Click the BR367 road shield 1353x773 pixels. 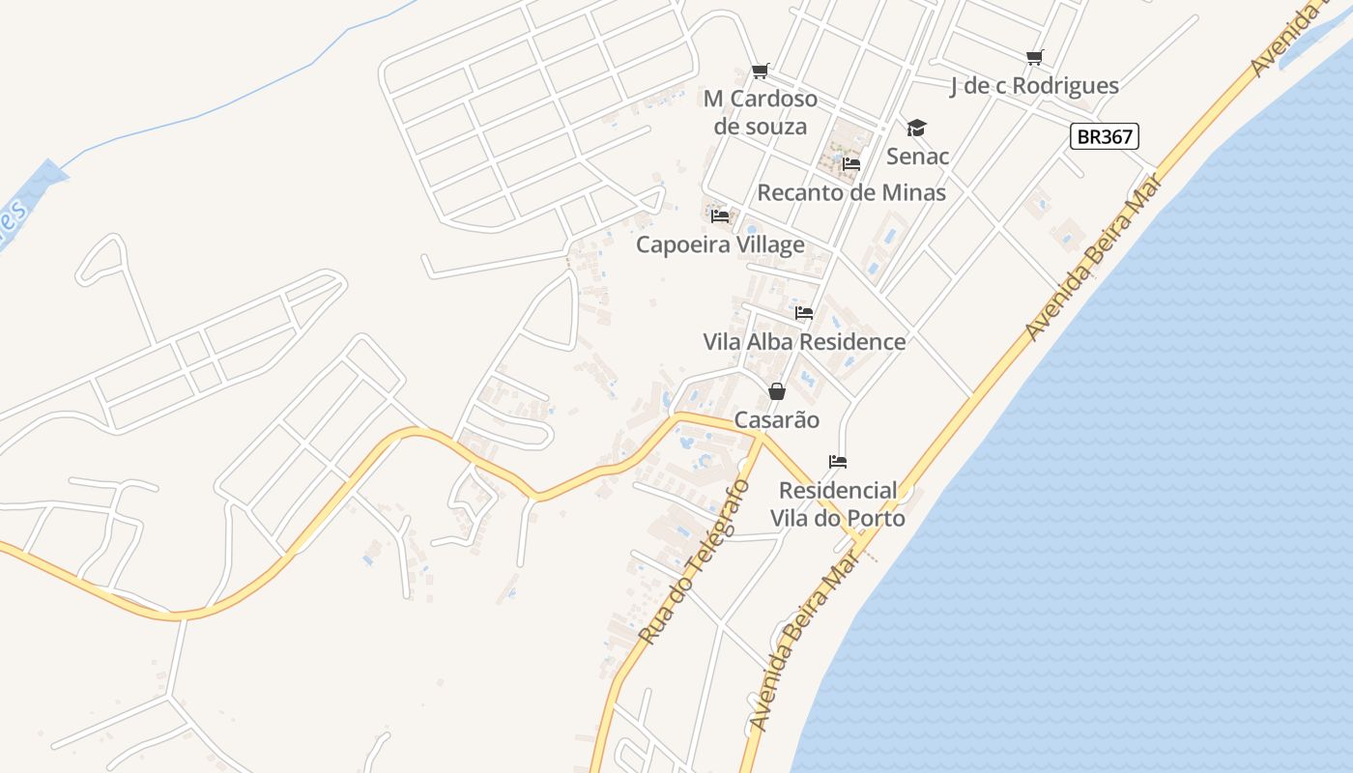(x=1105, y=136)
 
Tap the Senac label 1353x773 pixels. (x=917, y=157)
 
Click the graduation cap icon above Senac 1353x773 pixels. (x=916, y=128)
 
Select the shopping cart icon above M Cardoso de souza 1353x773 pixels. (x=761, y=71)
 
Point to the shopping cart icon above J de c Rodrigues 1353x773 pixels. (x=1034, y=58)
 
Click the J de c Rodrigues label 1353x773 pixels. (x=1034, y=86)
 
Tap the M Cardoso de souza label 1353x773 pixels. (x=761, y=112)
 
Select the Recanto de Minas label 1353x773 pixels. (x=851, y=192)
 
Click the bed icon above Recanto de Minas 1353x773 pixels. (x=851, y=163)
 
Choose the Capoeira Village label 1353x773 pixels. (x=720, y=244)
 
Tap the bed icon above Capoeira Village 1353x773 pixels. (x=720, y=215)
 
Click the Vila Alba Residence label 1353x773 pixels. (x=804, y=342)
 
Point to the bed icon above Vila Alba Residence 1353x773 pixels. (x=804, y=313)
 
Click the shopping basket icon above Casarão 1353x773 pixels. (x=776, y=391)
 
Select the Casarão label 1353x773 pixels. (x=776, y=420)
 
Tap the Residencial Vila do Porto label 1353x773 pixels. (x=838, y=504)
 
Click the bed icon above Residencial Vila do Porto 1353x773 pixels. (x=838, y=462)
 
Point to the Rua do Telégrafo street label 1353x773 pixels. (x=694, y=561)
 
